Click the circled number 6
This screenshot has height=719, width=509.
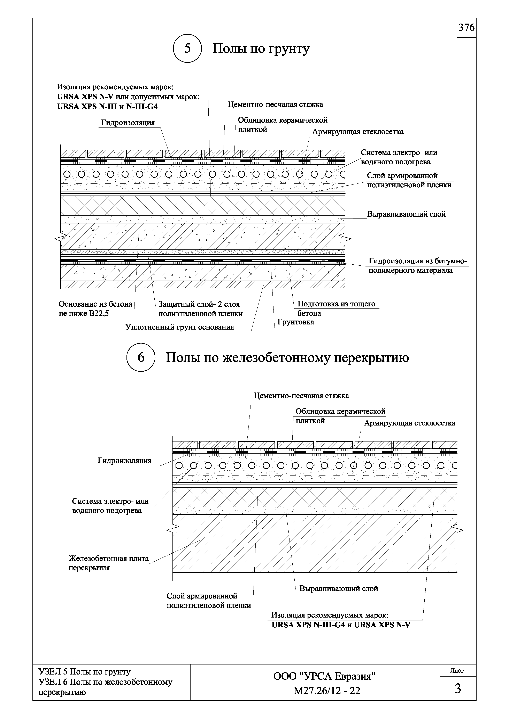pyautogui.click(x=141, y=357)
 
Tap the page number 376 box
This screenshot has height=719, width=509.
pyautogui.click(x=466, y=28)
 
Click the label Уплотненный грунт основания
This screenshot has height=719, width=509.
pyautogui.click(x=180, y=327)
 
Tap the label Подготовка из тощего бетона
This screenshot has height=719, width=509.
pyautogui.click(x=336, y=308)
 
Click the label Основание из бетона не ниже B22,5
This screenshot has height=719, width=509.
pyautogui.click(x=95, y=308)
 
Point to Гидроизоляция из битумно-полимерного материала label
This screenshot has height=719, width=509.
pyautogui.click(x=417, y=266)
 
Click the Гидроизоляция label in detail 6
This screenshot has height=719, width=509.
pyautogui.click(x=124, y=460)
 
